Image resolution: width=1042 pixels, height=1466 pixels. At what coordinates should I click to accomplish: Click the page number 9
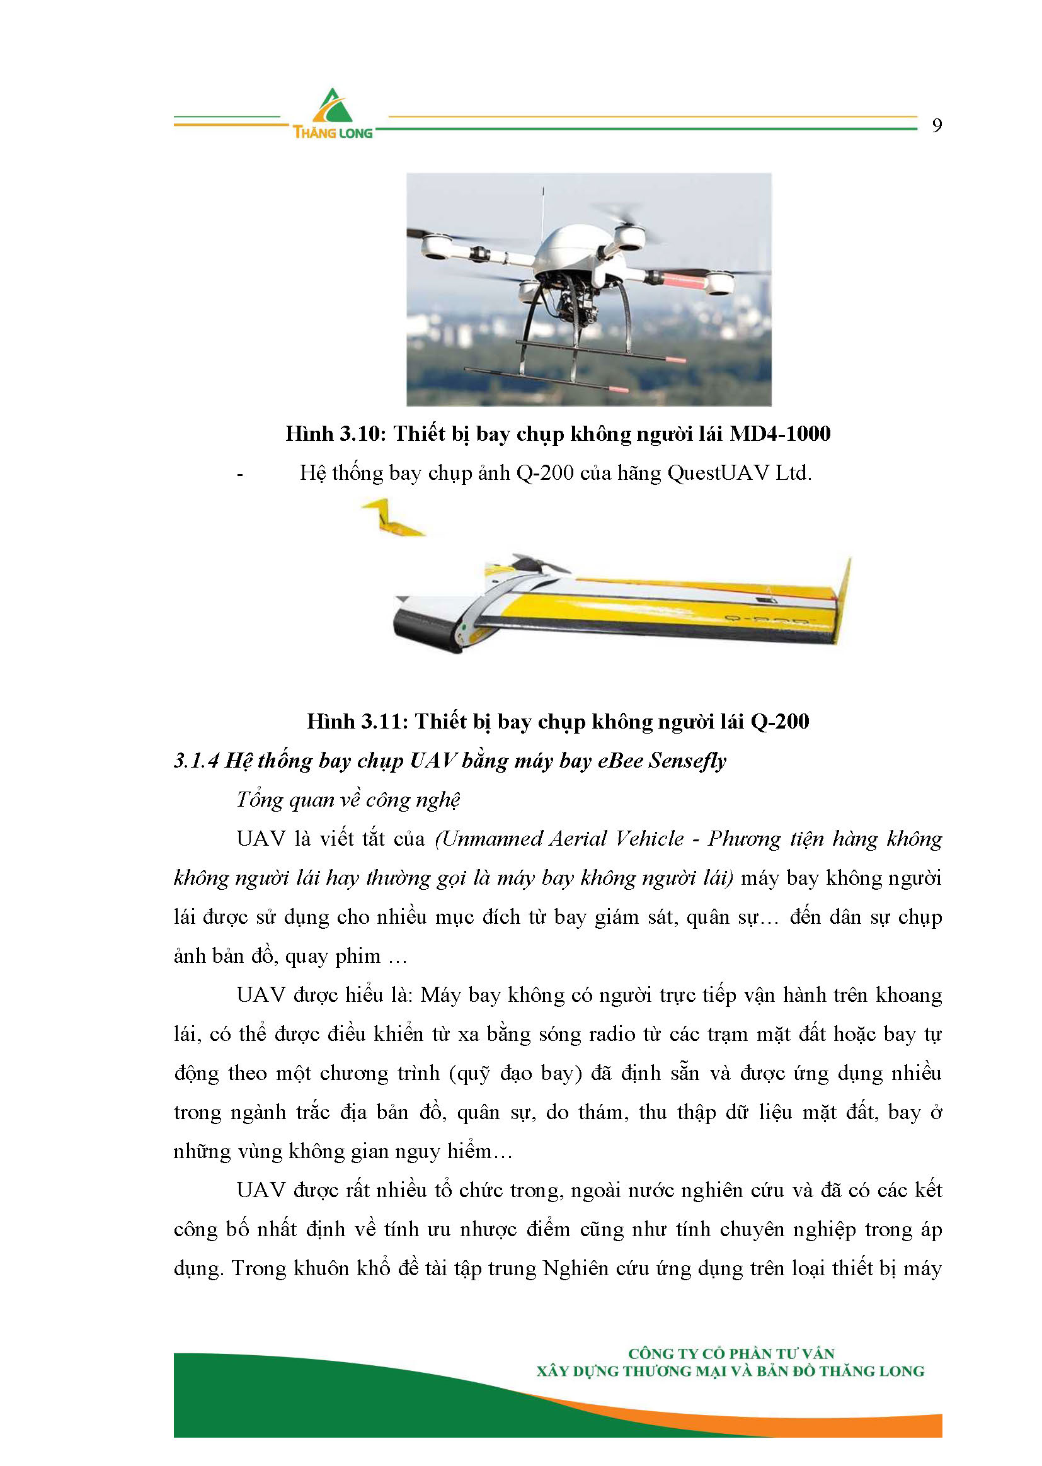coord(937,126)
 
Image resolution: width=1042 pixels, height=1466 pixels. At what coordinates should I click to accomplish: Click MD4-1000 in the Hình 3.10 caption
coord(779,434)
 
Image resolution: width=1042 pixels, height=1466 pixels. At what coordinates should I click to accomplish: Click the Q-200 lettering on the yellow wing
coord(767,620)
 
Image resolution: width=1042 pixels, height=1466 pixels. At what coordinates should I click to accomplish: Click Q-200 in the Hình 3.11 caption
coord(779,722)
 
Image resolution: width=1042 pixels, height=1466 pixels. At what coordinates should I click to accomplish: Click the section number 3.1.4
coord(197,761)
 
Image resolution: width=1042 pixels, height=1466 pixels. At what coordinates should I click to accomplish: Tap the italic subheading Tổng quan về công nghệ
coord(348,800)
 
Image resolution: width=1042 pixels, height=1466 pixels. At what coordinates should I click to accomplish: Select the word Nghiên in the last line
coord(575,1269)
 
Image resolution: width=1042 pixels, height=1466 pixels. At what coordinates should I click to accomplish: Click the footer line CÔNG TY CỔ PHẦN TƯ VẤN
coord(731,1354)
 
